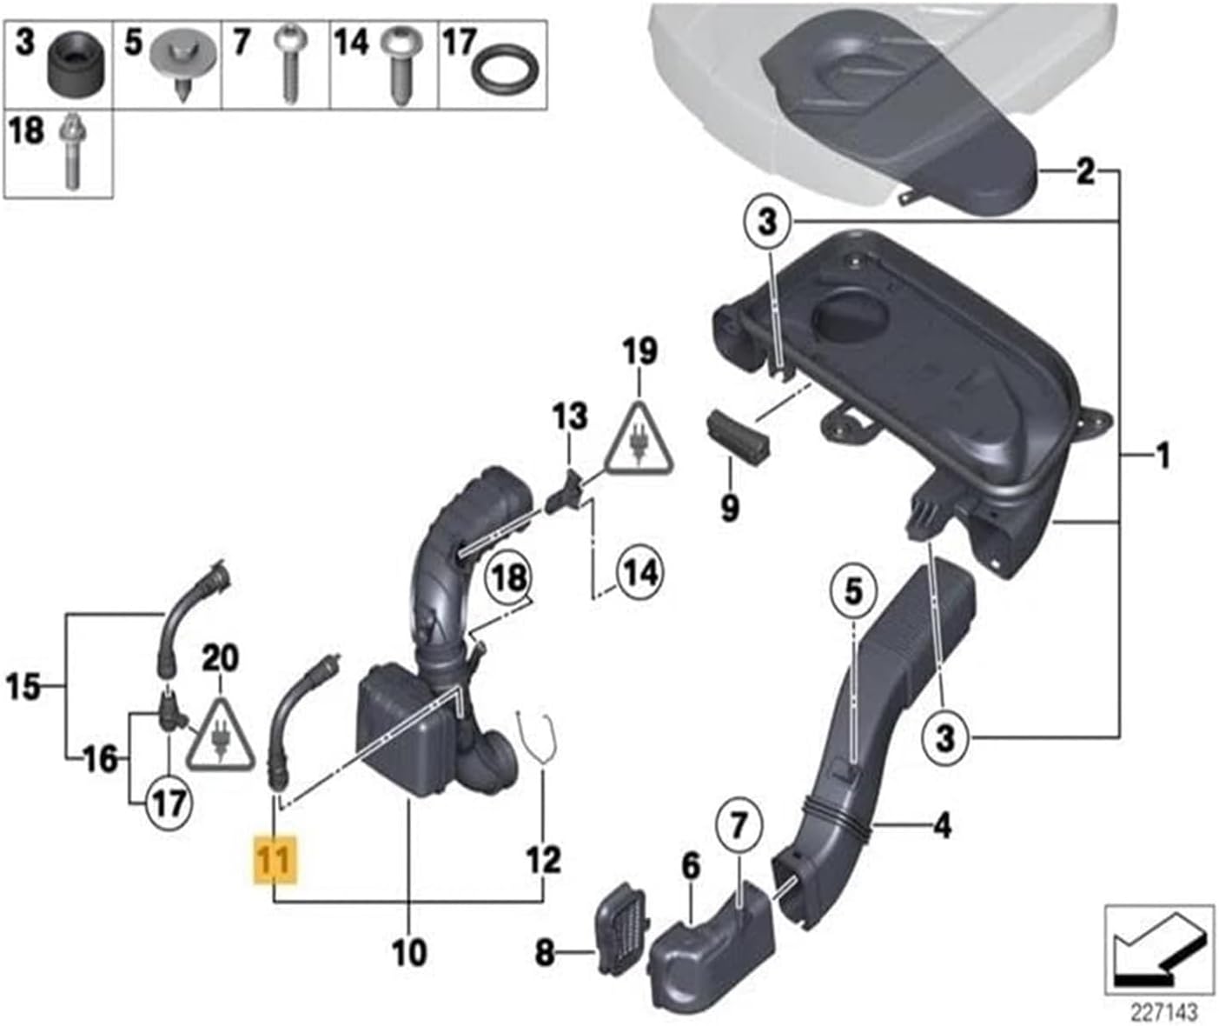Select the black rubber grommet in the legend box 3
point(76,67)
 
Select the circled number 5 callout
point(855,592)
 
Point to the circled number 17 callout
point(169,801)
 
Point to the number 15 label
point(24,688)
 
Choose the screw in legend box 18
point(70,156)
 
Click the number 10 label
point(408,953)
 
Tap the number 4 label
point(942,824)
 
